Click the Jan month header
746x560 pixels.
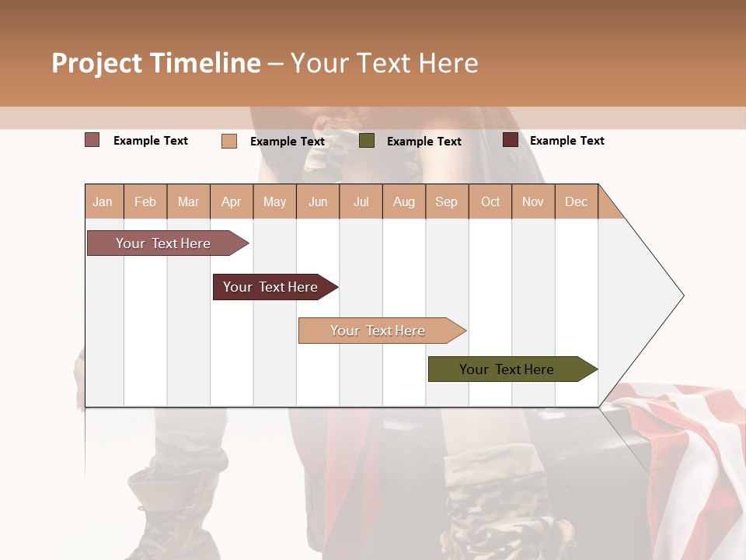pyautogui.click(x=103, y=201)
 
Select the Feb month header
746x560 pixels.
pyautogui.click(x=145, y=201)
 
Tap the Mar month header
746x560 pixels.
pyautogui.click(x=188, y=201)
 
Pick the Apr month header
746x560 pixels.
pyautogui.click(x=232, y=201)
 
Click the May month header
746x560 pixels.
pyautogui.click(x=274, y=201)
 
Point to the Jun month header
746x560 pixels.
pyautogui.click(x=318, y=201)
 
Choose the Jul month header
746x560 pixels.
pyautogui.click(x=361, y=201)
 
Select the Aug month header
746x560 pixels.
pyautogui.click(x=403, y=201)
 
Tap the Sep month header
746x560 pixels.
pyautogui.click(x=446, y=201)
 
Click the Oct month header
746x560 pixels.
pyautogui.click(x=490, y=201)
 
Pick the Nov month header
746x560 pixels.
pyautogui.click(x=533, y=201)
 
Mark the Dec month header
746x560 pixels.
pyautogui.click(x=576, y=201)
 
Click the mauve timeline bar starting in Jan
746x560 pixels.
pyautogui.click(x=164, y=243)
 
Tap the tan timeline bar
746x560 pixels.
pyautogui.click(x=378, y=331)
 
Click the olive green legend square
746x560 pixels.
pyautogui.click(x=367, y=141)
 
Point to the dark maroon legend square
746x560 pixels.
pyautogui.click(x=510, y=140)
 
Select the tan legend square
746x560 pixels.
pyautogui.click(x=228, y=141)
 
